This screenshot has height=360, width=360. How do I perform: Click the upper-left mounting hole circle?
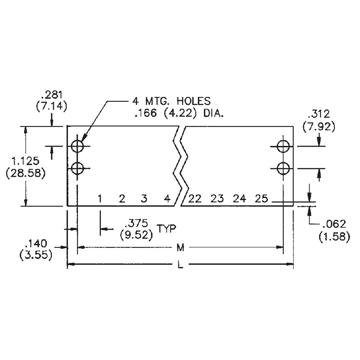point(71,146)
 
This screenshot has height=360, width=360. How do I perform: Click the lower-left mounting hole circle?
point(71,169)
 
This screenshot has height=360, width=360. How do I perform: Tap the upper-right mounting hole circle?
point(277,146)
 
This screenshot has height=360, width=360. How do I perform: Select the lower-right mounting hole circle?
point(277,169)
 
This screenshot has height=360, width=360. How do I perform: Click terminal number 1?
point(100,199)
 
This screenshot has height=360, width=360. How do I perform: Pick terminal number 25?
point(261,199)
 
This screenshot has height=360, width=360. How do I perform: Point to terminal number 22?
point(195,199)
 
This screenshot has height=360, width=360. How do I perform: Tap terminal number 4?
point(167,199)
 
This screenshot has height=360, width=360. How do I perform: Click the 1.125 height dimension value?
point(26,161)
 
